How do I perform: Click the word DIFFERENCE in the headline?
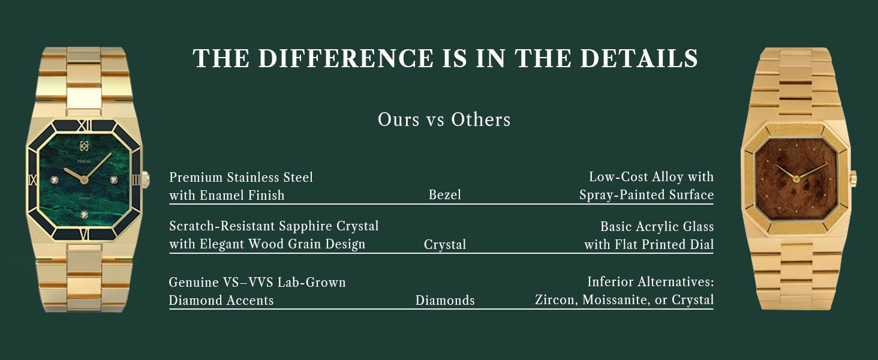point(345,58)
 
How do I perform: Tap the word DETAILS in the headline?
point(639,58)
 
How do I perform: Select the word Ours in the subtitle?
point(398,119)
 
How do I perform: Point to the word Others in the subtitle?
point(480,119)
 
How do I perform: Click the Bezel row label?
point(444,194)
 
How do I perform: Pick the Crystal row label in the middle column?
point(444,245)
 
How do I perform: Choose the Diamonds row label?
point(445,301)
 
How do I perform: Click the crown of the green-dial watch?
point(145,180)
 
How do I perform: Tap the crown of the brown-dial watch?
point(853,179)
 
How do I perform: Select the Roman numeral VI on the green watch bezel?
point(85,234)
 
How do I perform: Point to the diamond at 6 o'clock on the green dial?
point(85,215)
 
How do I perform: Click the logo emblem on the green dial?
point(84,146)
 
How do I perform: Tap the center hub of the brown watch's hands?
point(796,179)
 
